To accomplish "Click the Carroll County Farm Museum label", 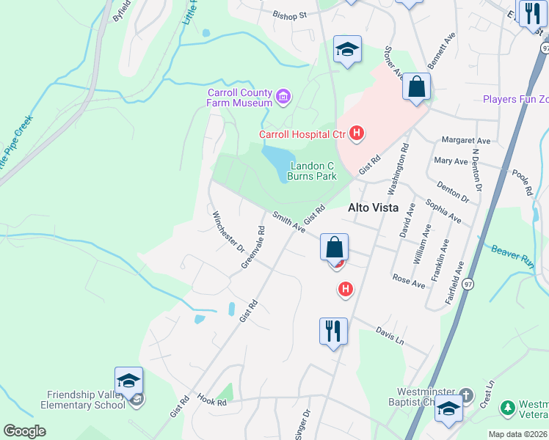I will pyautogui.click(x=239, y=98).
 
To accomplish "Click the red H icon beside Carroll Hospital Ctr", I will pyautogui.click(x=357, y=133).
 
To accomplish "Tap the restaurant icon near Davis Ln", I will pyautogui.click(x=333, y=331).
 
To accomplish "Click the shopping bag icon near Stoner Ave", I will pyautogui.click(x=416, y=87).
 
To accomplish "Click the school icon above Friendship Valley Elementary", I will pyautogui.click(x=128, y=381).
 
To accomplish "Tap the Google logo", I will pyautogui.click(x=24, y=430).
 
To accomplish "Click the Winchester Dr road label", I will pyautogui.click(x=228, y=232).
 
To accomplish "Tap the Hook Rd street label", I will pyautogui.click(x=211, y=401).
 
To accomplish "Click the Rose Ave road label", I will pyautogui.click(x=409, y=281).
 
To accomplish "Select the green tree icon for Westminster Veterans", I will pyautogui.click(x=506, y=407).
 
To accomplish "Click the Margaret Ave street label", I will pyautogui.click(x=465, y=140).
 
